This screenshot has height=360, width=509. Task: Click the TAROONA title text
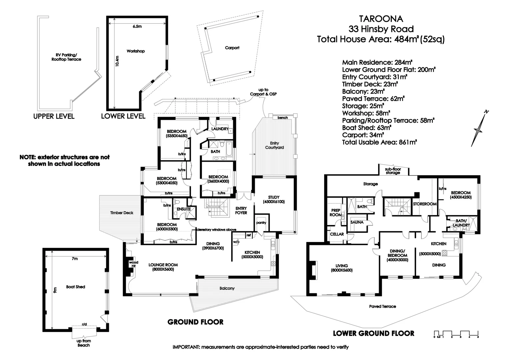[x=380, y=18]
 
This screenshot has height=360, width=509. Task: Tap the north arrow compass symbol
[x=479, y=128]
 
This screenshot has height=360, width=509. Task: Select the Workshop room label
[x=136, y=51]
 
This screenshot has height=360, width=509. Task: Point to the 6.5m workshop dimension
[x=137, y=26]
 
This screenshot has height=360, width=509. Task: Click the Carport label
[x=232, y=48]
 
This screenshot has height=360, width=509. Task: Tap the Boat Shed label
[x=76, y=287]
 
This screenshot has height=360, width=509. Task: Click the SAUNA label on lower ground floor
[x=357, y=222]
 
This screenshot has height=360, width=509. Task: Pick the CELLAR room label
[x=336, y=234]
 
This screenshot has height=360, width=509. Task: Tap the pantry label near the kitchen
[x=261, y=223]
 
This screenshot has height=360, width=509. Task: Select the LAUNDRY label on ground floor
[x=220, y=129]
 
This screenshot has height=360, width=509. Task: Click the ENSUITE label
[x=184, y=209]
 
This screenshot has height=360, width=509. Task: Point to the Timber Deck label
[x=122, y=213]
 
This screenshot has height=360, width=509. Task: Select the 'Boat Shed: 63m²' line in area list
[x=366, y=128]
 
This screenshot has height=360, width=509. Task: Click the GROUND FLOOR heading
[x=195, y=322]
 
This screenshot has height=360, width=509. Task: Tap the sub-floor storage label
[x=393, y=171]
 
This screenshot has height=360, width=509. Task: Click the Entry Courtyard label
[x=274, y=145]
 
